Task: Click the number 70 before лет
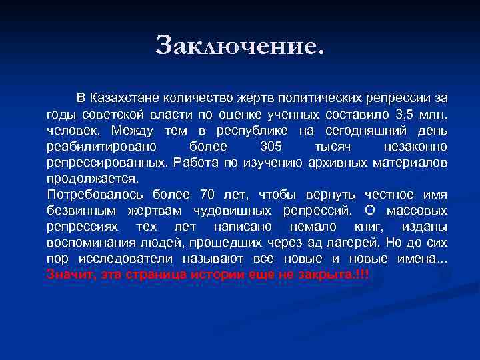click(x=207, y=195)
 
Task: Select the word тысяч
click(x=331, y=146)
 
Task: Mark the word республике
click(x=249, y=130)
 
